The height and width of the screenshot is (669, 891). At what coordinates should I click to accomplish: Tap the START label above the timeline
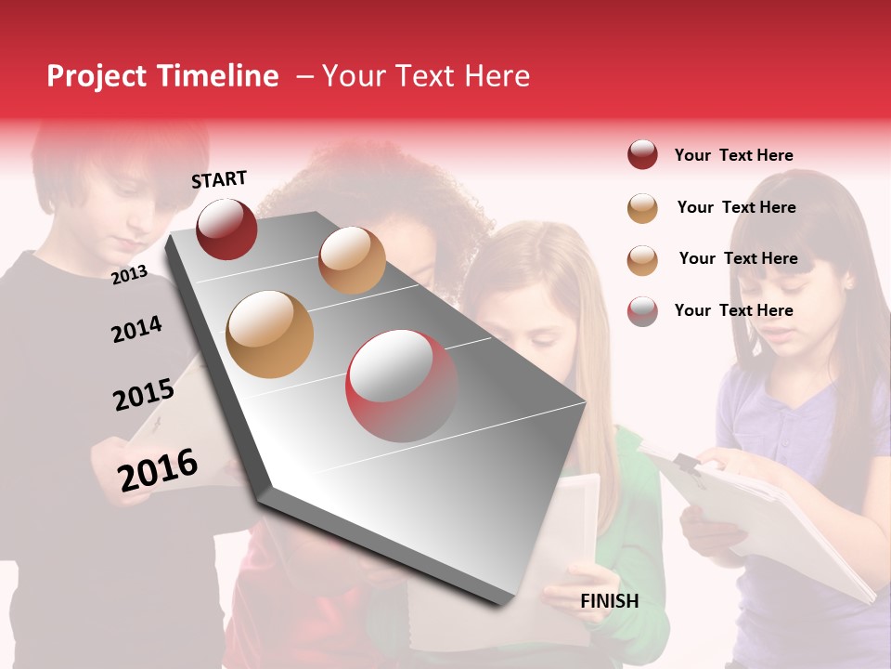click(x=219, y=179)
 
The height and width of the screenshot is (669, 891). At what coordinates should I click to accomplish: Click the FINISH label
click(x=609, y=601)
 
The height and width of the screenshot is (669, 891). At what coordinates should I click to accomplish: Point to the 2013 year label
click(x=129, y=274)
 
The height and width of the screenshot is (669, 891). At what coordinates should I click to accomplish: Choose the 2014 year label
click(x=136, y=329)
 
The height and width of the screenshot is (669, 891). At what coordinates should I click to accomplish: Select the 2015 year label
click(x=143, y=395)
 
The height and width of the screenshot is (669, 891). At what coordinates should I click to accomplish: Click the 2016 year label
click(x=158, y=469)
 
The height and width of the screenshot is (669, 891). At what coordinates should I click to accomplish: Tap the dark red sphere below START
click(x=226, y=229)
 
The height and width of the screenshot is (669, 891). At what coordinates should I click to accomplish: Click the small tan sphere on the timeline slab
click(x=352, y=260)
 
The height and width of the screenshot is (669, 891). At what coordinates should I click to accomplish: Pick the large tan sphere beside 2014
click(x=270, y=334)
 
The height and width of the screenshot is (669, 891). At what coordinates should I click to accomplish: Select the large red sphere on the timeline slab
click(x=402, y=387)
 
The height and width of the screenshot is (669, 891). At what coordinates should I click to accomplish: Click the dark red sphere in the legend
click(x=642, y=155)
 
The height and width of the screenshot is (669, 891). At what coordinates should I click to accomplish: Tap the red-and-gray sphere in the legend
click(x=642, y=311)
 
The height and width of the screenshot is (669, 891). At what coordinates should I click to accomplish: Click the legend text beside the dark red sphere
click(x=733, y=155)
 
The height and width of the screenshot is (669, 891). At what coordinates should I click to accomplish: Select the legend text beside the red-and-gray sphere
click(x=733, y=310)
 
